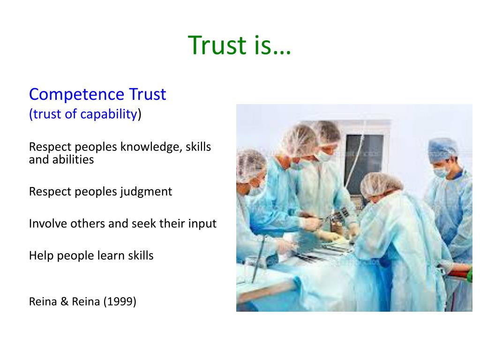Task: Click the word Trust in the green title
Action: click(x=217, y=45)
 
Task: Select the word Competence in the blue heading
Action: click(x=77, y=94)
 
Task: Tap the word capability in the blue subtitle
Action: click(x=109, y=114)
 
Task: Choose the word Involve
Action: click(x=48, y=224)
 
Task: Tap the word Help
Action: click(x=41, y=255)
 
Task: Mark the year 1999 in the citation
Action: click(x=120, y=301)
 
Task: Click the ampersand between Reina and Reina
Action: click(x=64, y=301)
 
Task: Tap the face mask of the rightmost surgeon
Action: click(x=441, y=172)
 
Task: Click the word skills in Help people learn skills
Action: click(x=141, y=255)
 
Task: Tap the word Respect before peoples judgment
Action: click(x=50, y=192)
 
